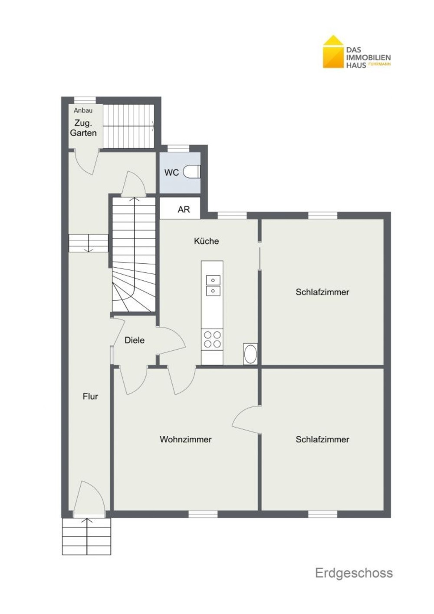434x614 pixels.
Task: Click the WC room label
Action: [171, 173]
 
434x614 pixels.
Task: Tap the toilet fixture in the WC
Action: [192, 172]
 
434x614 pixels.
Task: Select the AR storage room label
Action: [184, 209]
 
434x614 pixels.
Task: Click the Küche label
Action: [206, 241]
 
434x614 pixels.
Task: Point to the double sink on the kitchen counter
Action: [213, 285]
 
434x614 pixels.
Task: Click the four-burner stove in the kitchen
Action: [212, 339]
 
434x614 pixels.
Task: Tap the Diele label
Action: [135, 340]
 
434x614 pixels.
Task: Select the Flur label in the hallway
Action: [90, 397]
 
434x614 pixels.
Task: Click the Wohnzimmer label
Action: [186, 439]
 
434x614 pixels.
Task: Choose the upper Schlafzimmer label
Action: [322, 292]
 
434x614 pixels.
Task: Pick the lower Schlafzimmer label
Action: [322, 439]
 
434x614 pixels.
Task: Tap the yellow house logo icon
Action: [333, 52]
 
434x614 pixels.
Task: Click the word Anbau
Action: [83, 110]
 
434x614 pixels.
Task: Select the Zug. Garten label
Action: [83, 128]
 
